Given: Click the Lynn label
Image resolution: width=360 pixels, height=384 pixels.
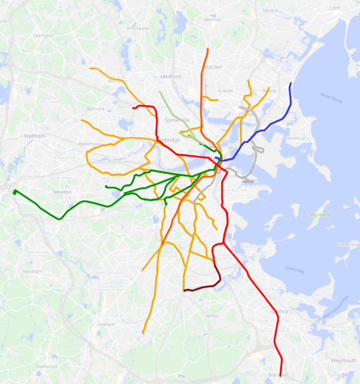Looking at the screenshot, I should click(335, 7).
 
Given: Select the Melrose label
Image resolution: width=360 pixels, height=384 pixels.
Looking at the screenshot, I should click(213, 19).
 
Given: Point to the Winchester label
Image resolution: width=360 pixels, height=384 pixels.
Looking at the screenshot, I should click(138, 28).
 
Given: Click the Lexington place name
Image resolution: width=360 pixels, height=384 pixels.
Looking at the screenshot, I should click(43, 35).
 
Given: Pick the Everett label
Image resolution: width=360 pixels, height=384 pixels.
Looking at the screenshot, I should click(225, 91).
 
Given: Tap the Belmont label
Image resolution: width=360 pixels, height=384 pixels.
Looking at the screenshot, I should click(96, 109).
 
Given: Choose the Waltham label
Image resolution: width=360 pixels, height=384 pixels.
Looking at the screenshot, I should click(34, 136).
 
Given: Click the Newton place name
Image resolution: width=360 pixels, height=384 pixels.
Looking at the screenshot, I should click(62, 192).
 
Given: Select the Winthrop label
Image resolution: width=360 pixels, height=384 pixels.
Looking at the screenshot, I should click(296, 138).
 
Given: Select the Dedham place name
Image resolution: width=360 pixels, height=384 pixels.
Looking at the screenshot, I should click(106, 324).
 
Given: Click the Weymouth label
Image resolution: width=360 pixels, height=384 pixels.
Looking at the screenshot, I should click(343, 360).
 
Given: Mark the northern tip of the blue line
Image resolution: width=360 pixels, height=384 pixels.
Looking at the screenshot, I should click(291, 84).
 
